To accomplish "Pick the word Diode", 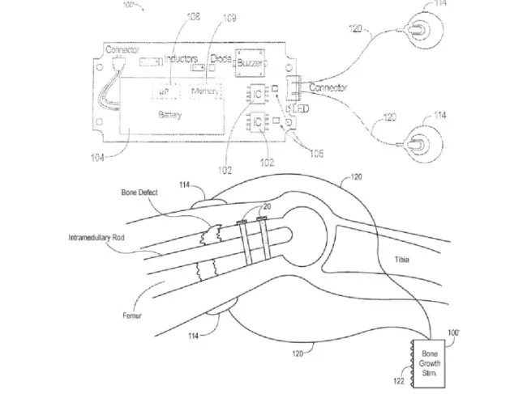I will (221, 57).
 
